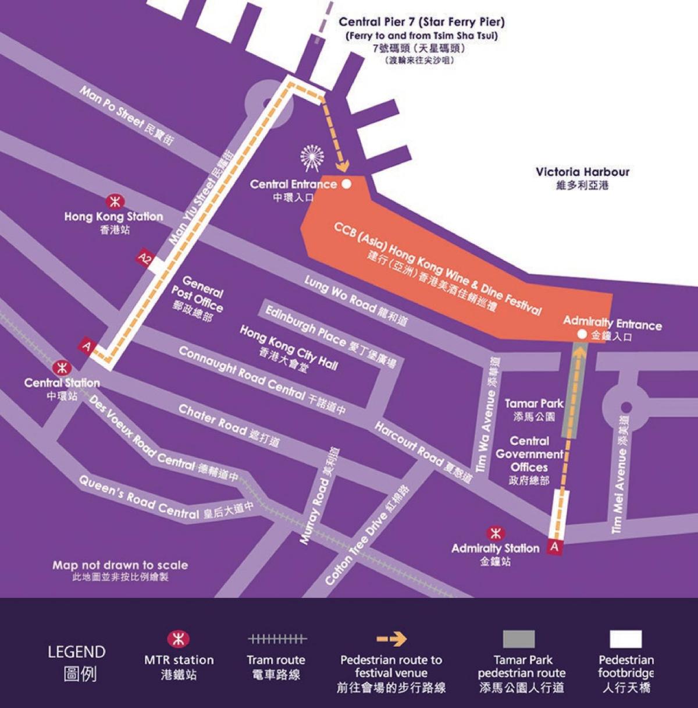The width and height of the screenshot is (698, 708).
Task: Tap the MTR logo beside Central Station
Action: tap(62, 368)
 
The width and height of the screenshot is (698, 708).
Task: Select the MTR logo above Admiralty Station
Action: tap(496, 533)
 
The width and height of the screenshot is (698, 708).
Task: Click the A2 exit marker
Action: tap(143, 257)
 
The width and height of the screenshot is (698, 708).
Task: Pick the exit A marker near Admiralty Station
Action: tap(554, 547)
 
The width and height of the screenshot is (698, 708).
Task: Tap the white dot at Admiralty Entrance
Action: tap(582, 335)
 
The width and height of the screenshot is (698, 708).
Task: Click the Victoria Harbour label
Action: tap(582, 172)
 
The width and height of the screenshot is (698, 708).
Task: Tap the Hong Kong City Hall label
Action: tap(289, 349)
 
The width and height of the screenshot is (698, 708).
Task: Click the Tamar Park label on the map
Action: tap(533, 403)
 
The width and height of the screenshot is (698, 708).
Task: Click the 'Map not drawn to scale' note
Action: tap(120, 565)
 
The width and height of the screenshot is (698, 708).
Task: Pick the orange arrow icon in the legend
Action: tap(391, 639)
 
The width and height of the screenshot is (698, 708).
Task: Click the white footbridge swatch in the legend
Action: tap(626, 639)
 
